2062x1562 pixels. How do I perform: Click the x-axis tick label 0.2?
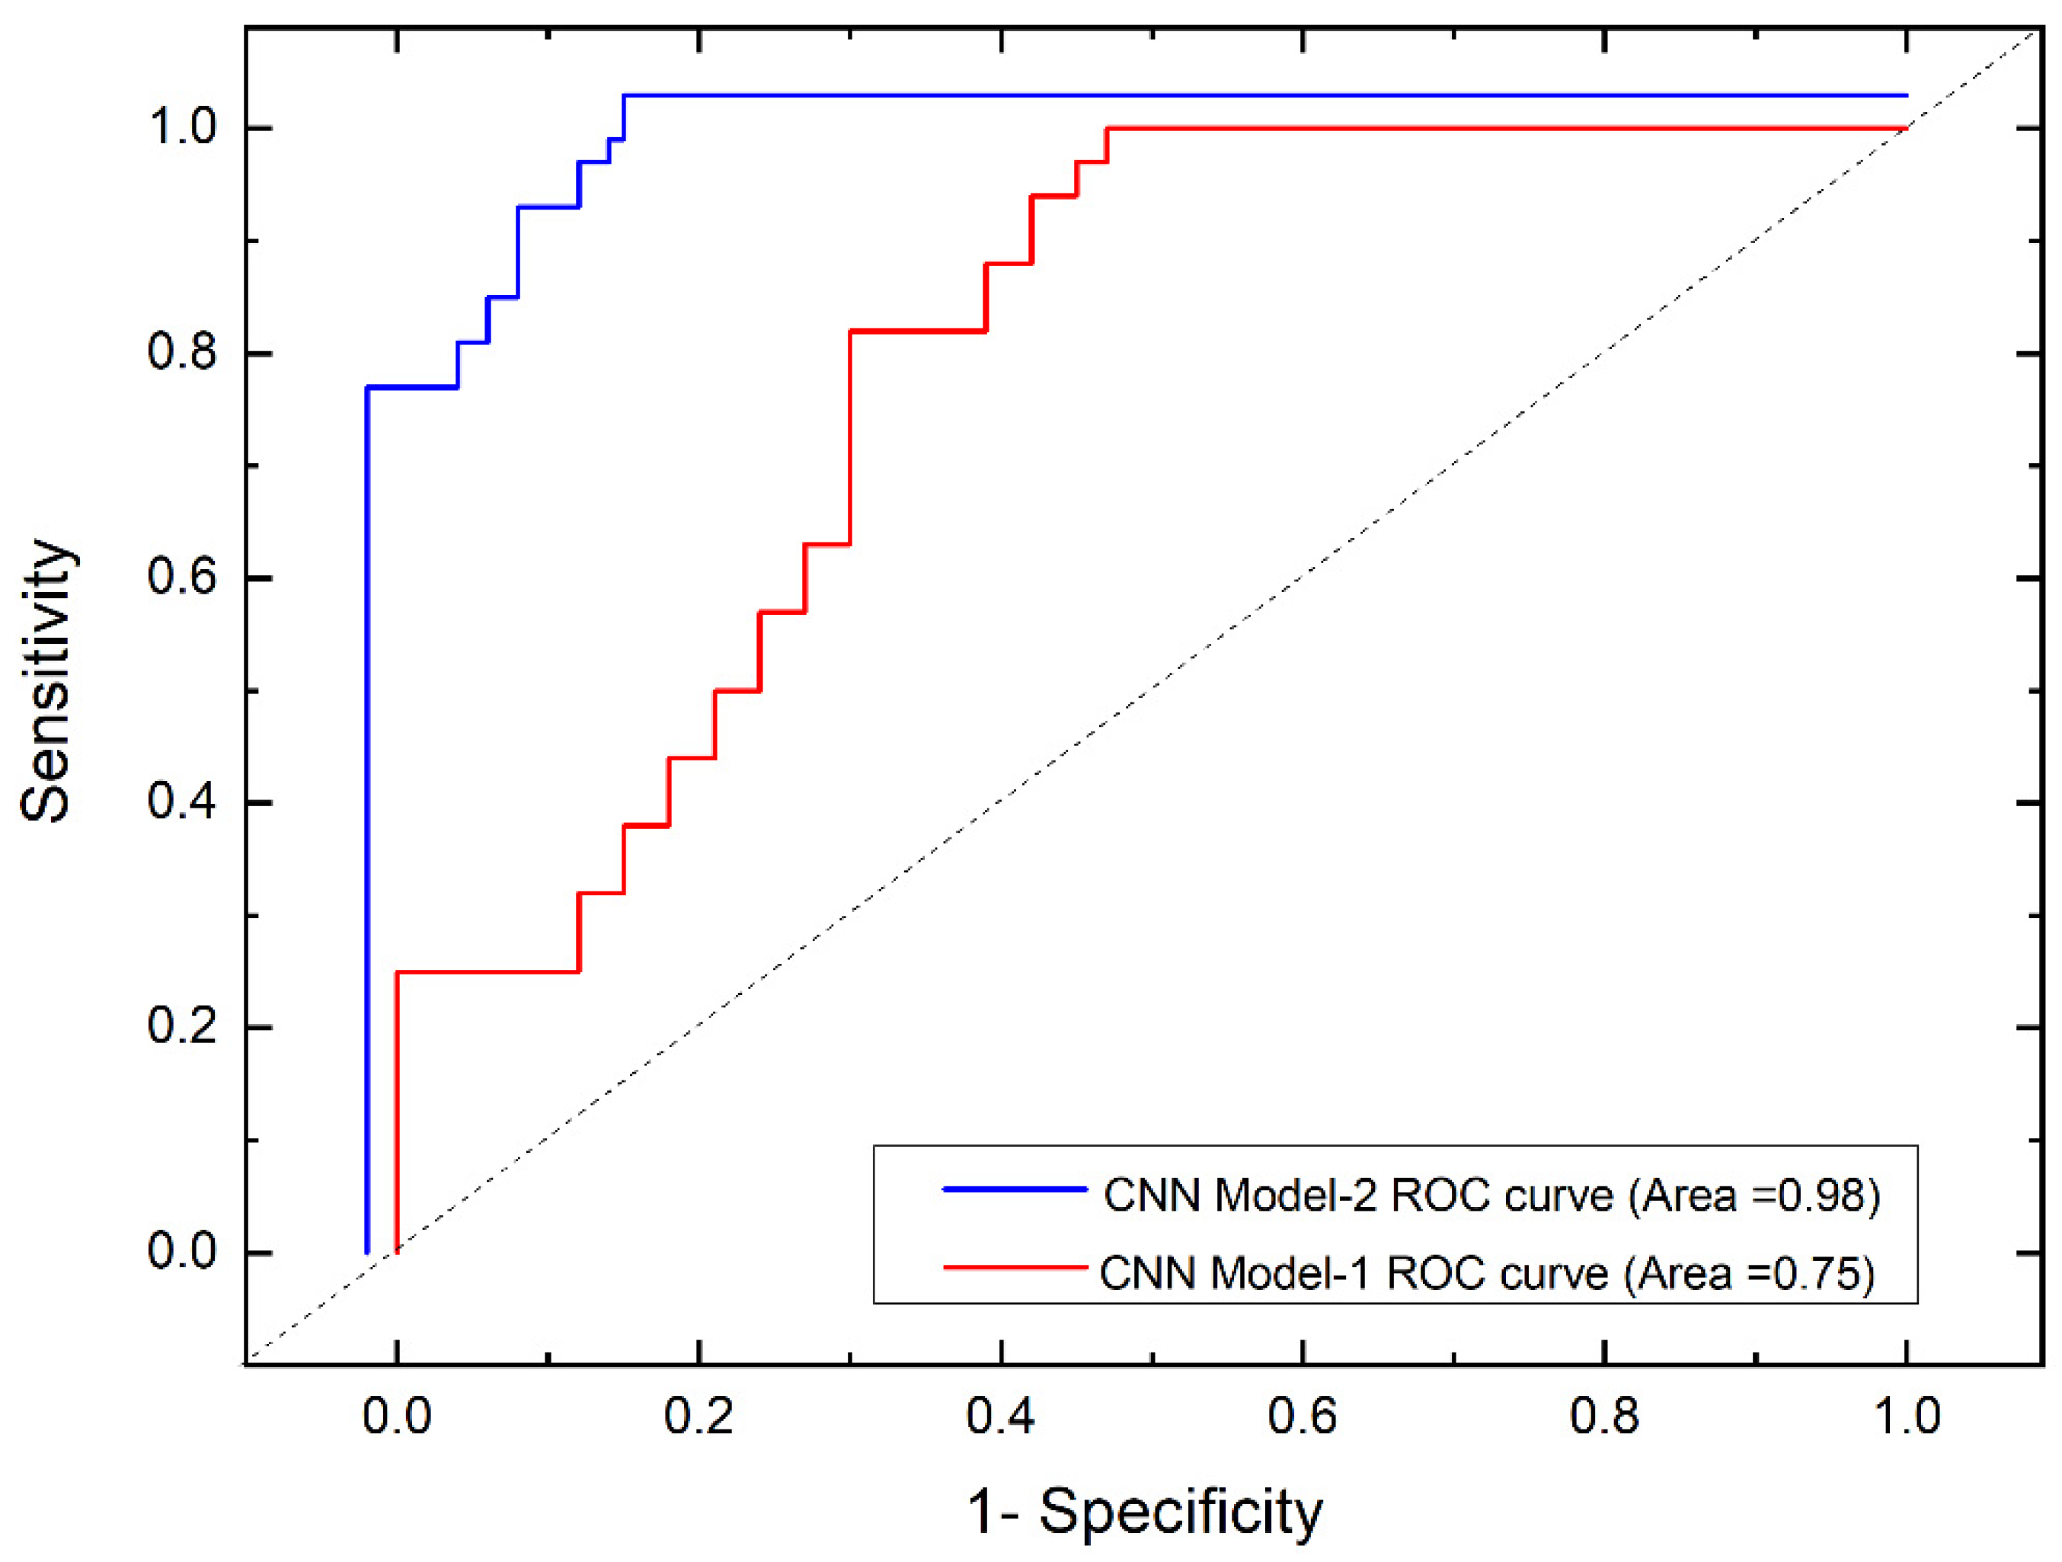coord(699,1416)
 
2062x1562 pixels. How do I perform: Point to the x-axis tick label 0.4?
coord(1000,1416)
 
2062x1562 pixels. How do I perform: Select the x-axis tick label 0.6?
coord(1303,1416)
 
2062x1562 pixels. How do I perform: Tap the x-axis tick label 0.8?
coord(1604,1416)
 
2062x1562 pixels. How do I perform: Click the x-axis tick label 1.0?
coord(1907,1416)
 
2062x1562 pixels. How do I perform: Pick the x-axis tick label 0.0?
coord(396,1416)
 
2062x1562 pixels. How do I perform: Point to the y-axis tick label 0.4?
coord(182,802)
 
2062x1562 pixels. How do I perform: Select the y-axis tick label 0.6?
coord(182,578)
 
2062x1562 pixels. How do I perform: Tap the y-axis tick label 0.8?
coord(182,354)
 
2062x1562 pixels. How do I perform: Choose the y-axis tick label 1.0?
coord(182,128)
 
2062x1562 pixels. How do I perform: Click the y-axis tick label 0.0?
coord(182,1251)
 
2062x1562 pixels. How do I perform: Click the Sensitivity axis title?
coord(46,680)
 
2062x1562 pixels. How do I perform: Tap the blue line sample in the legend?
coord(1015,1190)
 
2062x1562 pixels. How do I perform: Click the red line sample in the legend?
coord(1015,1268)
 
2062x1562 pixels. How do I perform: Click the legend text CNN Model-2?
coord(1241,1196)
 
